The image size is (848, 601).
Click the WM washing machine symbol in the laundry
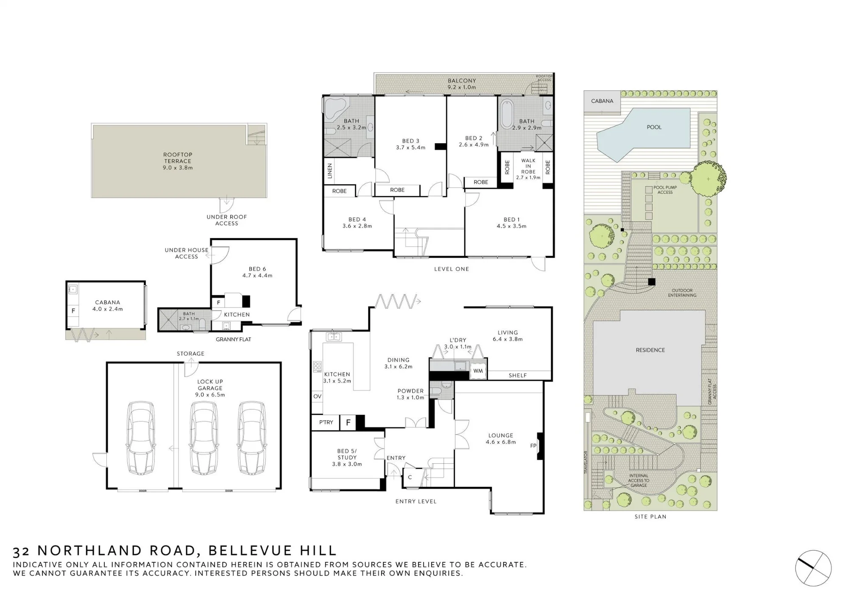pyautogui.click(x=478, y=371)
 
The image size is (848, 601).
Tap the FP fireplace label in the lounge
pyautogui.click(x=533, y=445)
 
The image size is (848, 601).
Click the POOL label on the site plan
pyautogui.click(x=654, y=127)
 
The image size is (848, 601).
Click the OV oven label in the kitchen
pyautogui.click(x=317, y=396)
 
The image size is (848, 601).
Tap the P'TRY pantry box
pyautogui.click(x=326, y=423)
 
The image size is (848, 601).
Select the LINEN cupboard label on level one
pyautogui.click(x=330, y=171)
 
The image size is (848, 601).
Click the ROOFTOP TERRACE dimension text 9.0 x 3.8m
pyautogui.click(x=178, y=168)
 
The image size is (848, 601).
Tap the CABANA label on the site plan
pyautogui.click(x=602, y=101)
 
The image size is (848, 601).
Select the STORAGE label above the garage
pyautogui.click(x=190, y=353)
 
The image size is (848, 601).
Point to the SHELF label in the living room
pyautogui.click(x=518, y=376)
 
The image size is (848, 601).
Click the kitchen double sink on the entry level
pyautogui.click(x=334, y=337)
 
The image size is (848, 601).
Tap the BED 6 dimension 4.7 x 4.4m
pyautogui.click(x=257, y=275)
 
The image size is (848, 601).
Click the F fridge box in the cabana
pyautogui.click(x=73, y=311)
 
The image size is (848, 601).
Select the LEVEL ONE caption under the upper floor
pyautogui.click(x=452, y=269)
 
